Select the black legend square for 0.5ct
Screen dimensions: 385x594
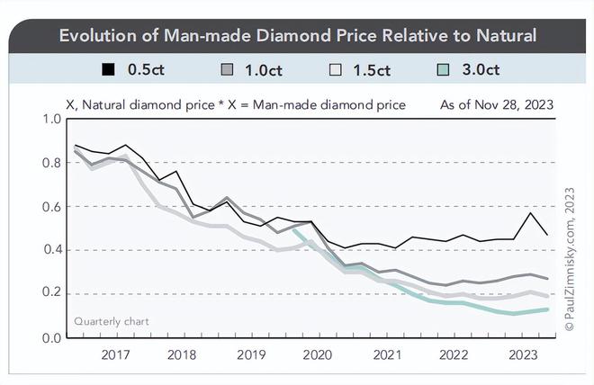(110, 70)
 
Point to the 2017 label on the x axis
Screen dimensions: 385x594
(116, 354)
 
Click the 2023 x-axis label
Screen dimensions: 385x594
(523, 354)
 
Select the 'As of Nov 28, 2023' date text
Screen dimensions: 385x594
(496, 105)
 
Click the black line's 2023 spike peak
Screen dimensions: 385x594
(533, 213)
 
